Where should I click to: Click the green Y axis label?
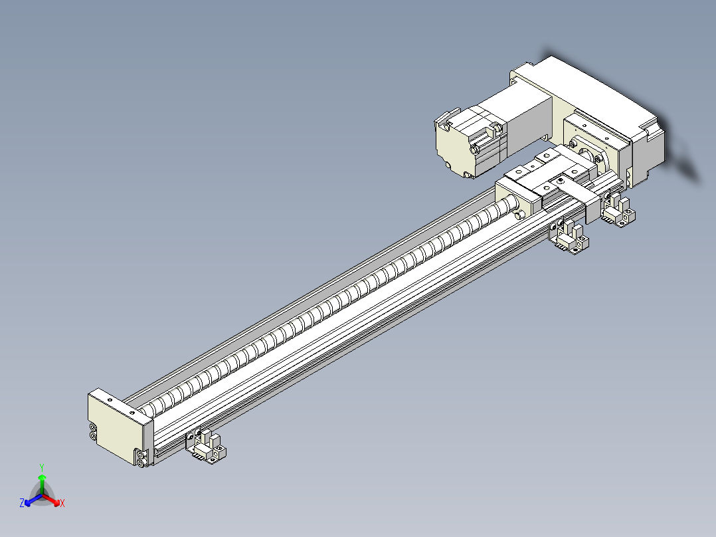pyautogui.click(x=42, y=467)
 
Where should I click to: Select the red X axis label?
pyautogui.click(x=62, y=504)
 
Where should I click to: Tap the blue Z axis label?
pyautogui.click(x=22, y=504)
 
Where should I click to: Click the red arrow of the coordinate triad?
pyautogui.click(x=53, y=499)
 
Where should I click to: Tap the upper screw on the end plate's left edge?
pyautogui.click(x=93, y=427)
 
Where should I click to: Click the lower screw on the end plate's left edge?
pyautogui.click(x=93, y=435)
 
